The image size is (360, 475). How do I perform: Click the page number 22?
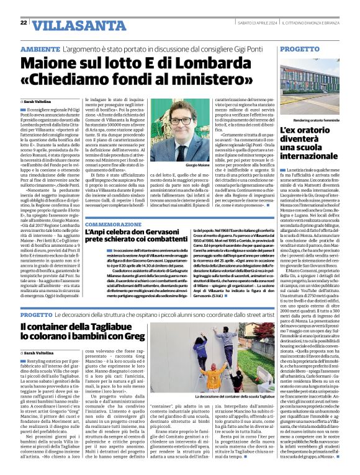(x=23, y=22)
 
